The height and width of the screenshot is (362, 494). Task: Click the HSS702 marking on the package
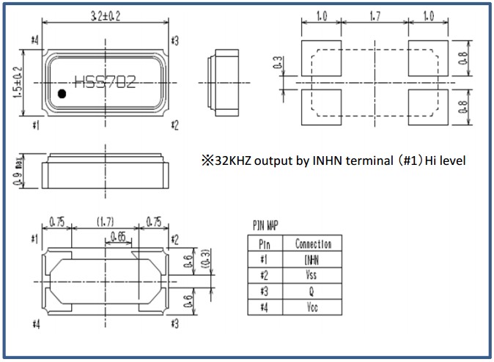pyautogui.click(x=105, y=82)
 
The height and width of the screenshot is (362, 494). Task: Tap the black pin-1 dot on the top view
pyautogui.click(x=62, y=93)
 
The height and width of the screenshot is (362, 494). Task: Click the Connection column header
pyautogui.click(x=312, y=244)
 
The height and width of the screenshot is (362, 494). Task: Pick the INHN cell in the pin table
pyautogui.click(x=312, y=259)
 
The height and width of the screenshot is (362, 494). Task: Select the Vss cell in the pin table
pyautogui.click(x=312, y=276)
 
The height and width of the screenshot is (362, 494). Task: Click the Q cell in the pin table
pyautogui.click(x=312, y=292)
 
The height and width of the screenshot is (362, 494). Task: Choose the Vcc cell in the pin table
pyautogui.click(x=312, y=308)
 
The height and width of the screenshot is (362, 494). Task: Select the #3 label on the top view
pyautogui.click(x=174, y=40)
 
